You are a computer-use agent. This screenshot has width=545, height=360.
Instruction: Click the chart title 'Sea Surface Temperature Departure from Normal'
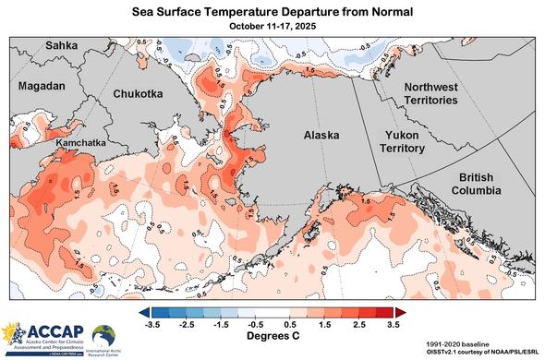[x=272, y=10]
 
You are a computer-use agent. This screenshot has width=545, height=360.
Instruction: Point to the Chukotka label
[x=139, y=94]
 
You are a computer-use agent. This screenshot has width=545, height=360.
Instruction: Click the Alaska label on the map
[x=321, y=135]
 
